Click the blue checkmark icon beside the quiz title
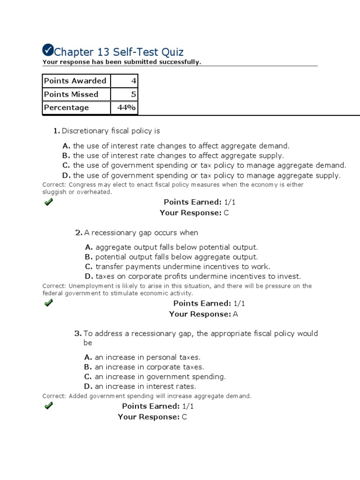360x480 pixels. tap(48, 50)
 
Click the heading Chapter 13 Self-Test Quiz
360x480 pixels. tap(119, 52)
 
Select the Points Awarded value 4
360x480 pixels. tap(133, 81)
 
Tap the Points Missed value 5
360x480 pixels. tap(133, 94)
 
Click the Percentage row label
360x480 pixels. tap(66, 107)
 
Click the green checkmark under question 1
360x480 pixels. tap(48, 202)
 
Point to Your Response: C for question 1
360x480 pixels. tap(194, 213)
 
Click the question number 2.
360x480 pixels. tap(78, 232)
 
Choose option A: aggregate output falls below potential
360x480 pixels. tap(172, 247)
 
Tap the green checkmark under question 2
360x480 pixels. tap(48, 303)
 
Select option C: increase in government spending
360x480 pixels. tap(155, 376)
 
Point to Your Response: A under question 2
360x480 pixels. tap(203, 314)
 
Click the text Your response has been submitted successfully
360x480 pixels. tap(122, 62)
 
